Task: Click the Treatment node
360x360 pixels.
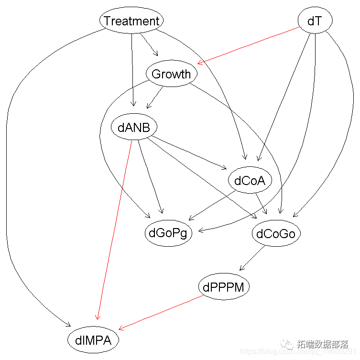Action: (x=131, y=21)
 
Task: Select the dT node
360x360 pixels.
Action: (x=314, y=21)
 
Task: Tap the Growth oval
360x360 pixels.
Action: (x=171, y=74)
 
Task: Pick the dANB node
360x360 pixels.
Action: (x=134, y=128)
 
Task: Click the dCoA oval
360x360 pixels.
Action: (x=250, y=181)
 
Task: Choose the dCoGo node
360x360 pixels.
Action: (x=276, y=234)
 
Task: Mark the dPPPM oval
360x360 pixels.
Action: (x=224, y=287)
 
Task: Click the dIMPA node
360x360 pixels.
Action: (x=93, y=340)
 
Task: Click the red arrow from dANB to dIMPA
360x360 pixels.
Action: (x=115, y=229)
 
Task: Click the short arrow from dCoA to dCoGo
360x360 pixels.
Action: (x=262, y=203)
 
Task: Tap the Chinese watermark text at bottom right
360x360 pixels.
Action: (x=323, y=344)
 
